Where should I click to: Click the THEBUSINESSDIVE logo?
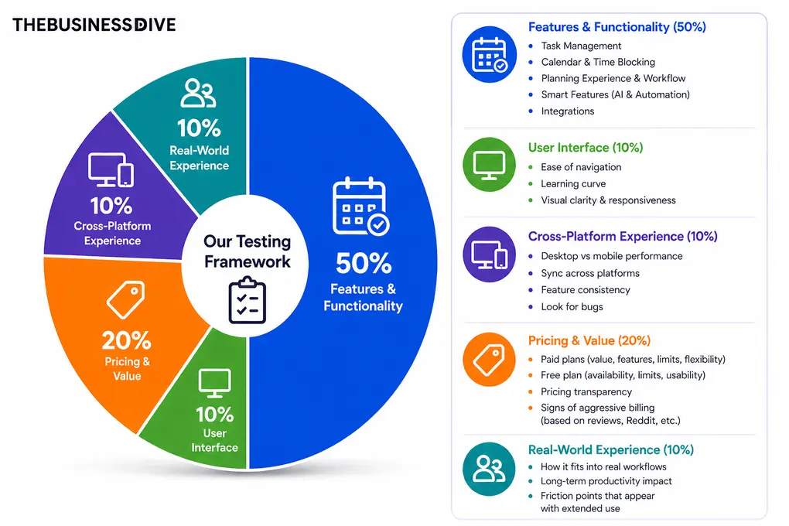tap(94, 25)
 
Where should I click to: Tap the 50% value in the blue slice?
tap(363, 263)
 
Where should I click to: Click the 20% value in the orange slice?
tap(127, 340)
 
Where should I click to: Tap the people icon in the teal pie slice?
tap(198, 93)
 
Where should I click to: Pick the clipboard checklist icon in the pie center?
tap(247, 299)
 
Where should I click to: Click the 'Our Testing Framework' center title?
tap(247, 251)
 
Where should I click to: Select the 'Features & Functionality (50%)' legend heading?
tap(617, 27)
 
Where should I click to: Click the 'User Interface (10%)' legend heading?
tap(586, 148)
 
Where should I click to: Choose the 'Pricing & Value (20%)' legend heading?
tap(589, 340)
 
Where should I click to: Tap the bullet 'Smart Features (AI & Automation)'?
tap(615, 94)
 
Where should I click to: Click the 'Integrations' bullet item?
tap(568, 111)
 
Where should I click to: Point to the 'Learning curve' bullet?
tap(573, 184)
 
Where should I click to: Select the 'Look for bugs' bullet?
tap(572, 307)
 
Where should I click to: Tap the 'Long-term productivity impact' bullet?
tap(606, 481)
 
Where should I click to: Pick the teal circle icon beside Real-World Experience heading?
tap(489, 469)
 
